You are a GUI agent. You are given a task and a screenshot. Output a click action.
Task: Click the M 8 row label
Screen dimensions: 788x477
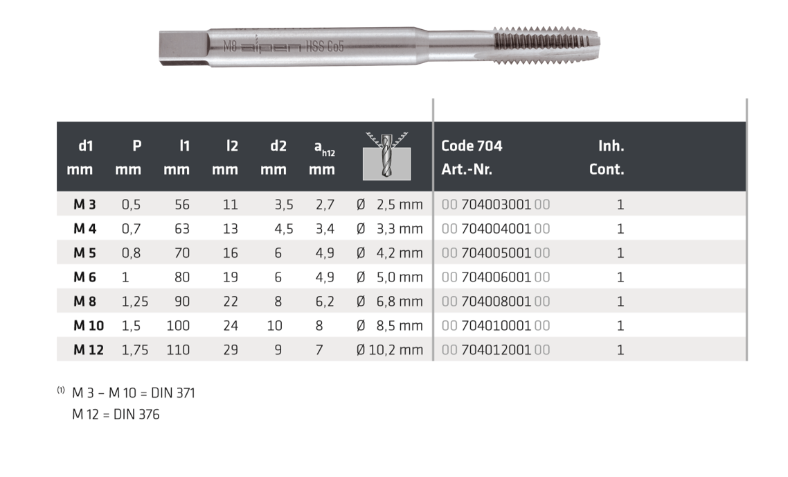tap(84, 302)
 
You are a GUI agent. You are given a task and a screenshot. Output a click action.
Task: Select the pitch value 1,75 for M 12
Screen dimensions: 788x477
tap(135, 349)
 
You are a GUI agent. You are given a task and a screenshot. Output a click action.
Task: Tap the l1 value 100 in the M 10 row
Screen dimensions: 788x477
tap(178, 326)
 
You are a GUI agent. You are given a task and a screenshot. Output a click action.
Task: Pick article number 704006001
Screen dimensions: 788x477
tap(496, 277)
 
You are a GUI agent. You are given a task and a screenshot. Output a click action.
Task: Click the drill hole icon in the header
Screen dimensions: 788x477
tap(386, 157)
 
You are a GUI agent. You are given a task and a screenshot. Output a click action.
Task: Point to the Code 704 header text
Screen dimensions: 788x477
tap(472, 146)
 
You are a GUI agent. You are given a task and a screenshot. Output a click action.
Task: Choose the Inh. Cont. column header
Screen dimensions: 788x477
tap(607, 157)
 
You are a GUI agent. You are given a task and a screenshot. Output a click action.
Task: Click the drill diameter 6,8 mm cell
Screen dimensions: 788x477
tap(389, 302)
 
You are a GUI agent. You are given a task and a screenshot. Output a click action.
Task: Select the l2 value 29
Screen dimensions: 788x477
tap(231, 349)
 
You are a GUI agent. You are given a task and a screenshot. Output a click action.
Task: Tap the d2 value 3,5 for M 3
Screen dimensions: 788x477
tap(284, 205)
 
